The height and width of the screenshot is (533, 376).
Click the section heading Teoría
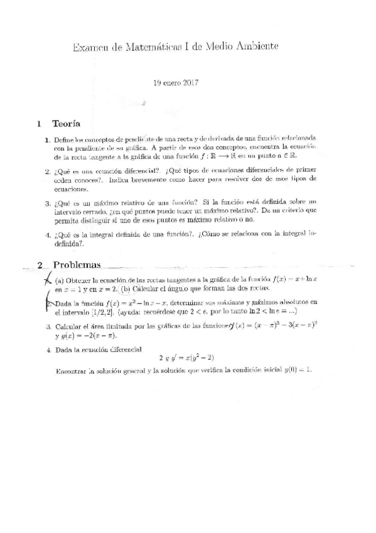[x=66, y=123]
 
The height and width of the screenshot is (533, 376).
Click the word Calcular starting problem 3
[x=70, y=326]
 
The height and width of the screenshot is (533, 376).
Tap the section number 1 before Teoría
[x=39, y=123]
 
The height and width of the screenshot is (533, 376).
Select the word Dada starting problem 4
[x=65, y=348]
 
